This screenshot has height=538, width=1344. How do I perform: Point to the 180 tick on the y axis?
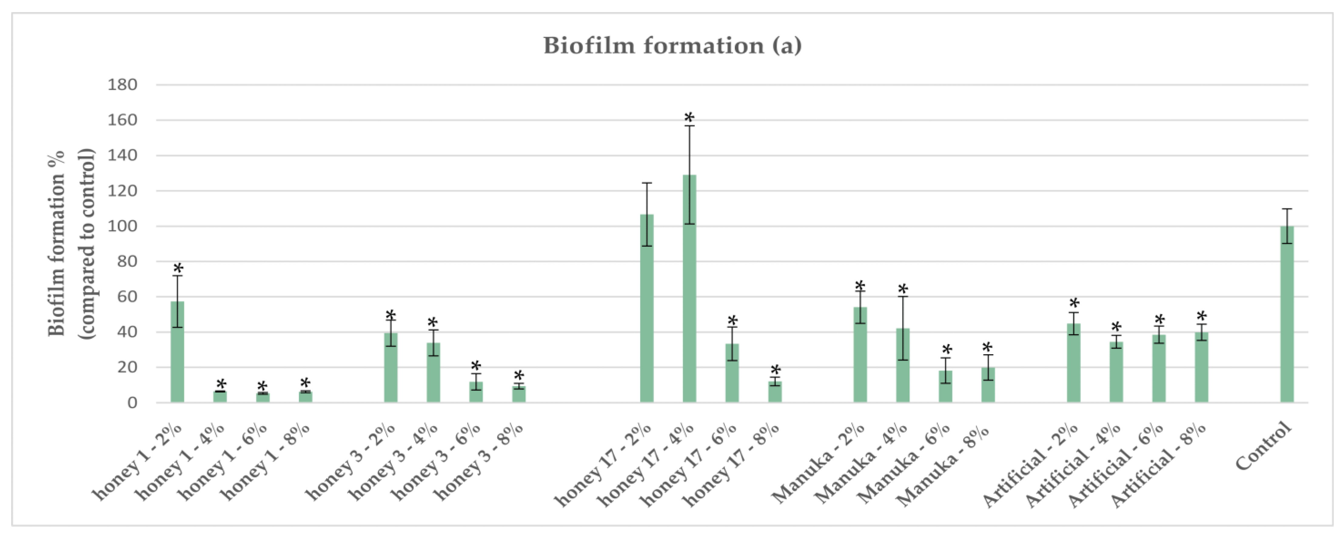coord(122,85)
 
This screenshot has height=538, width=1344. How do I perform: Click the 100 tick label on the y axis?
coord(122,227)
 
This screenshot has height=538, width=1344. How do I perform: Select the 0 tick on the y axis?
coord(132,403)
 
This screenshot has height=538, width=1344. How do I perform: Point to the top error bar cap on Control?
coord(1287,209)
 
